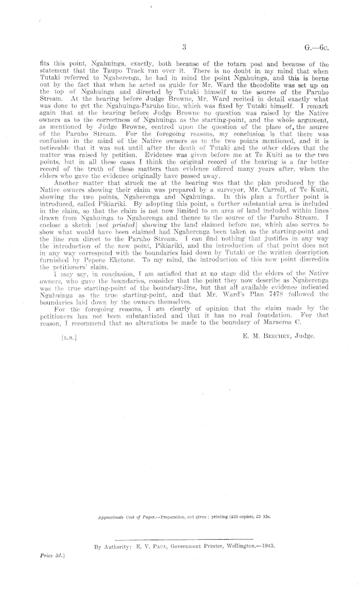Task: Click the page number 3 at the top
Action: [x=184, y=48]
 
